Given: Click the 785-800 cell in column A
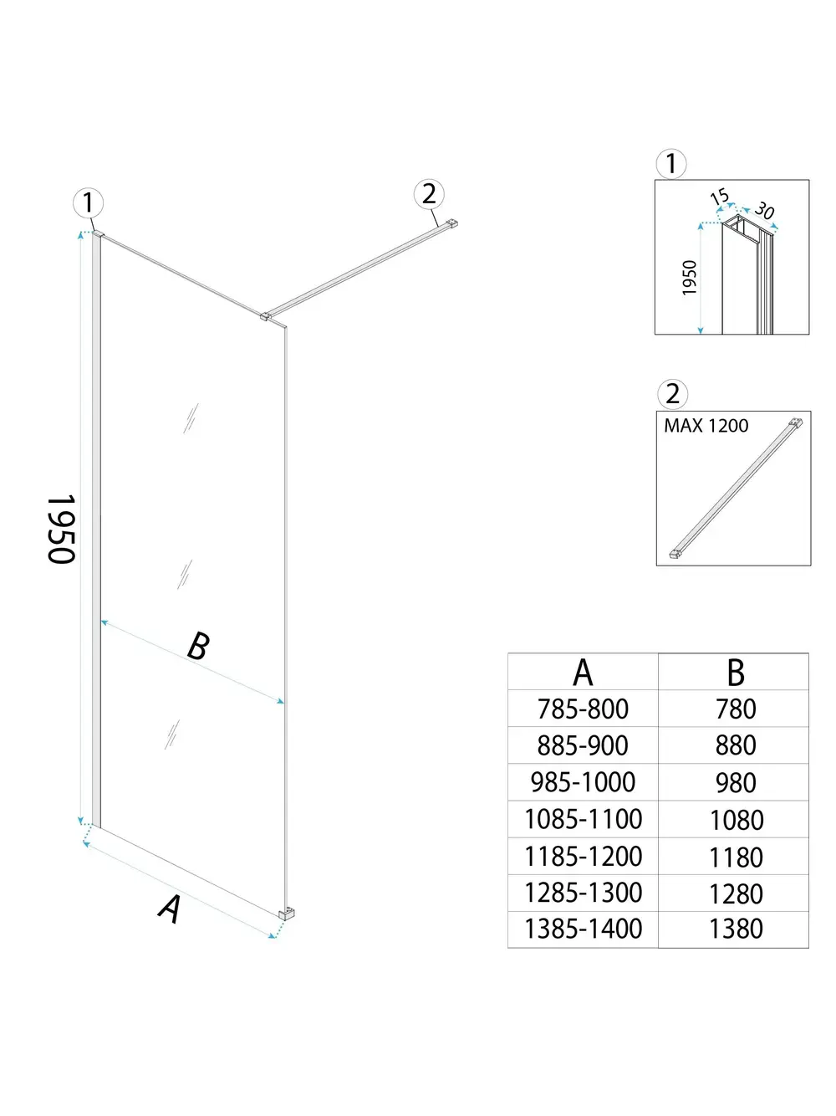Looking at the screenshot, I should [x=583, y=709].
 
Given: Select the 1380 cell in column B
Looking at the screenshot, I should [x=736, y=929].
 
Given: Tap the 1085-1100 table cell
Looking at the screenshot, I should [x=583, y=819].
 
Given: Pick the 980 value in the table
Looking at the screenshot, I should [x=736, y=783].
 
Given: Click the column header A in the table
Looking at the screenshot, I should [x=583, y=673].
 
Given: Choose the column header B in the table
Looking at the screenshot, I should [x=736, y=673].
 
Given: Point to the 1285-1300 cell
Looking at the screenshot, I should [x=583, y=893].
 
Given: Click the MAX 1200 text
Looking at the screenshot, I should [x=706, y=426].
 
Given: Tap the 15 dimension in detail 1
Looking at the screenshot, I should [x=719, y=197].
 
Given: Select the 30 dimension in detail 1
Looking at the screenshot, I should [x=764, y=211].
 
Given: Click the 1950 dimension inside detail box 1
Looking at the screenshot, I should [x=690, y=278].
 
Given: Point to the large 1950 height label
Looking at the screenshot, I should [x=62, y=529].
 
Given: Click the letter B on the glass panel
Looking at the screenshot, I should [x=198, y=646].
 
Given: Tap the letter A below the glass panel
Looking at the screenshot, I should [x=171, y=909].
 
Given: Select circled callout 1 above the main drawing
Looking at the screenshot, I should [x=88, y=202].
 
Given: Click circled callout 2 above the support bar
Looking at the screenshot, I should [x=429, y=194].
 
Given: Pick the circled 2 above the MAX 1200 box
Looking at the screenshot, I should [x=672, y=393].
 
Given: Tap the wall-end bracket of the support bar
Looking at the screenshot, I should [x=452, y=223].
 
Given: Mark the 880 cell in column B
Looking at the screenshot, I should [x=736, y=745].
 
